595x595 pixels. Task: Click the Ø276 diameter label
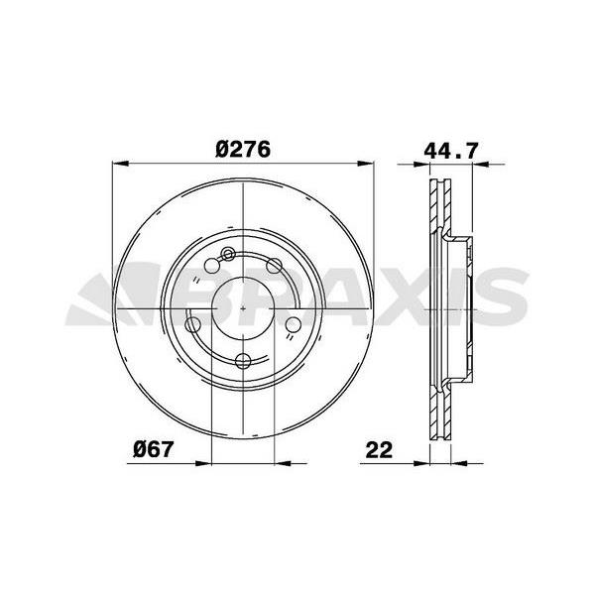[x=244, y=150]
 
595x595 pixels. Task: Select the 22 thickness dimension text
[x=379, y=449]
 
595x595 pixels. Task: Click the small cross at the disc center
[x=244, y=308]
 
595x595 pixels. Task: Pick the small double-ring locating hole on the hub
[x=227, y=254]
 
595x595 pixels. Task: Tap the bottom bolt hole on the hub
[x=244, y=362]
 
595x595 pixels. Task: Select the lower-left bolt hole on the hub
[x=193, y=325]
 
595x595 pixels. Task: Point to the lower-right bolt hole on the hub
[x=295, y=325]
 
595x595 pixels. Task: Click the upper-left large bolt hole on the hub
[x=212, y=265]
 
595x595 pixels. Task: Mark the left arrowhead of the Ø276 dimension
[x=121, y=164]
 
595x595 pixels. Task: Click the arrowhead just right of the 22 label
[x=422, y=461]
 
